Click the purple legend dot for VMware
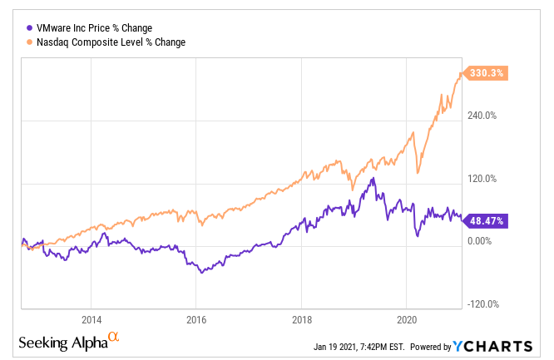[x=30, y=26]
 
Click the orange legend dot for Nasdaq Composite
[x=30, y=42]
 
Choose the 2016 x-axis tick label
[x=196, y=320]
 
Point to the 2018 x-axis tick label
[x=301, y=320]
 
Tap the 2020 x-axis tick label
[x=407, y=320]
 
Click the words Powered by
[x=429, y=347]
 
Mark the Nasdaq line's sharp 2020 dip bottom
[x=417, y=174]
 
